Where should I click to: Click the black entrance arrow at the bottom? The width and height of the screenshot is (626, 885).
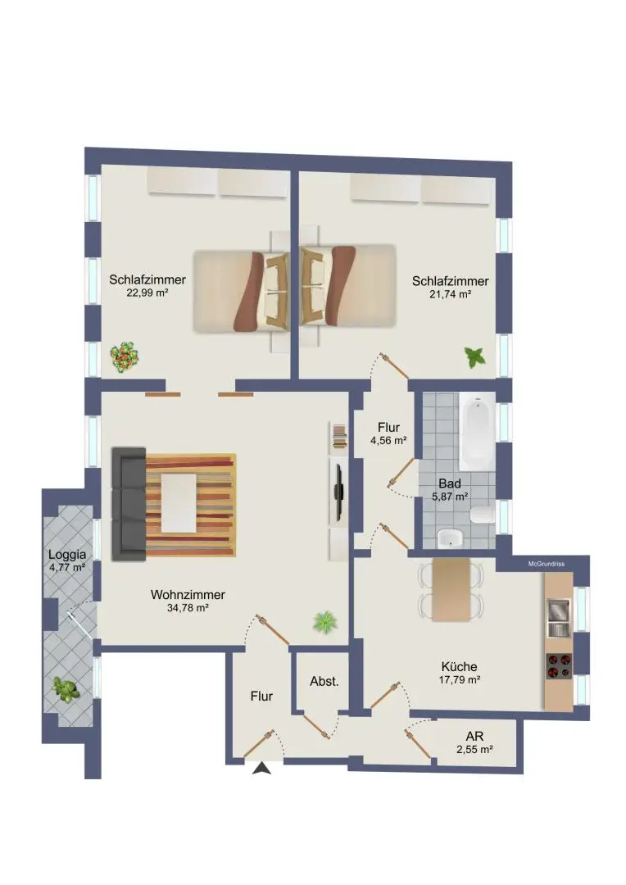[261, 768]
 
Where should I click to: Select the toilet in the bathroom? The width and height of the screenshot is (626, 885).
[482, 514]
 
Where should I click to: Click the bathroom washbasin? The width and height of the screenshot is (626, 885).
[449, 538]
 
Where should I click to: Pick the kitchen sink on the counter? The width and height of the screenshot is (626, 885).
[558, 616]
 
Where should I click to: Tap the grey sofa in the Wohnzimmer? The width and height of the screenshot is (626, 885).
[129, 499]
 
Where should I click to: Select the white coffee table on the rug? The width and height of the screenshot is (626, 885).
[179, 501]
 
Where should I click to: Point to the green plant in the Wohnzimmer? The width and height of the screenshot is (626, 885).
[325, 622]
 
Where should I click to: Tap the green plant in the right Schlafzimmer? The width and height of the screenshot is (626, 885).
[474, 356]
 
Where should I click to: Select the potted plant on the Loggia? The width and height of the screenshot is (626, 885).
[65, 689]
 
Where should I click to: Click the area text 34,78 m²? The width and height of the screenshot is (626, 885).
[188, 608]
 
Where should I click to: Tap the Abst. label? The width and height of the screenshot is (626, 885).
[324, 681]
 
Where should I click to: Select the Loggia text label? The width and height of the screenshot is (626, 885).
[66, 554]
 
